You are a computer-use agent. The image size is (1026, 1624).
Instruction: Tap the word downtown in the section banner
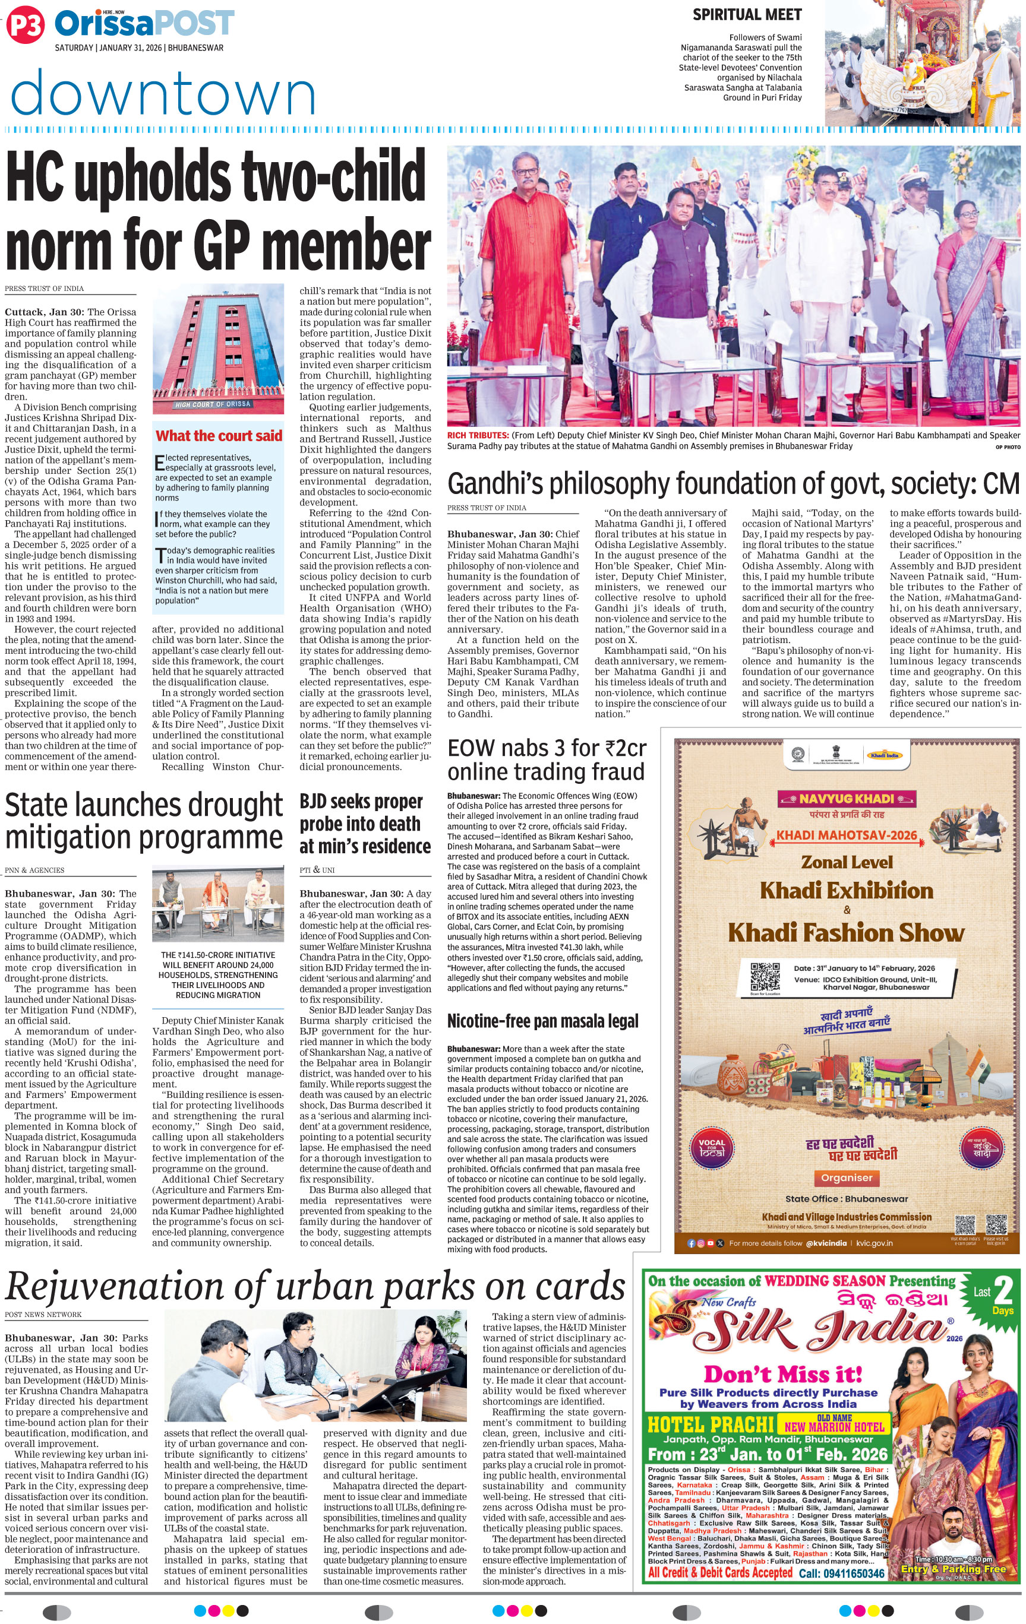click(x=163, y=94)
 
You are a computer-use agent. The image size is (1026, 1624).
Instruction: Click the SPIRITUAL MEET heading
click(x=747, y=15)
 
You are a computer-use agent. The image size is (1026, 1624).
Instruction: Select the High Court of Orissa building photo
click(x=218, y=348)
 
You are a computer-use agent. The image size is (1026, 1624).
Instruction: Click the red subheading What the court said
click(x=219, y=436)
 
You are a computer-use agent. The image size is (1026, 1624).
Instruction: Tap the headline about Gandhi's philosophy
click(x=733, y=483)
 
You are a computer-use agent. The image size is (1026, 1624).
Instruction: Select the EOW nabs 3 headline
click(x=547, y=759)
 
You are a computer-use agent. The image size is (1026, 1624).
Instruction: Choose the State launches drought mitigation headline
click(x=144, y=821)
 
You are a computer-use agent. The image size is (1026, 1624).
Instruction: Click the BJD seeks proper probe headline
click(x=365, y=824)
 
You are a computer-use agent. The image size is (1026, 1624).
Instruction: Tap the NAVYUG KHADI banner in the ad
click(x=847, y=799)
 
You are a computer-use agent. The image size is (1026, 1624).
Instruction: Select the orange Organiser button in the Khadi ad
click(x=847, y=1177)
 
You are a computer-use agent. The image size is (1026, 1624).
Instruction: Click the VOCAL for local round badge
click(x=712, y=1147)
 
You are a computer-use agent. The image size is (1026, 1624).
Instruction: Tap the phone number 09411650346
click(x=841, y=1574)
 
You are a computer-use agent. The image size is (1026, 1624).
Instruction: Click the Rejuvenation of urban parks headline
click(x=315, y=1286)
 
